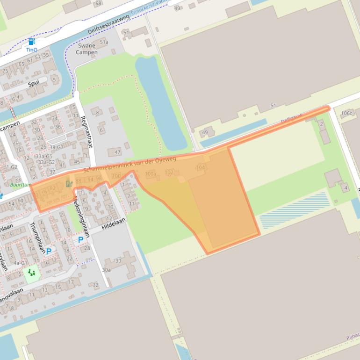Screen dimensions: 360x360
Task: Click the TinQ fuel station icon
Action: pyautogui.click(x=31, y=42)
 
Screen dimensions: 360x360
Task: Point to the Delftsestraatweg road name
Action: pyautogui.click(x=108, y=24)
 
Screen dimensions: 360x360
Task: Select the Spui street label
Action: pyautogui.click(x=33, y=84)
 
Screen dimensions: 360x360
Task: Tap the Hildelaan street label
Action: pyautogui.click(x=111, y=225)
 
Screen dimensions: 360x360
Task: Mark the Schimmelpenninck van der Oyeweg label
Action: pyautogui.click(x=130, y=166)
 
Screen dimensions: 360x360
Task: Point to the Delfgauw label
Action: pyautogui.click(x=292, y=118)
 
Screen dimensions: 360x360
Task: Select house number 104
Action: pyautogui.click(x=201, y=167)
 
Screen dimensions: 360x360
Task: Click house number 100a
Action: pyautogui.click(x=150, y=174)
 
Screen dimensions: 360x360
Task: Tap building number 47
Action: pyautogui.click(x=117, y=152)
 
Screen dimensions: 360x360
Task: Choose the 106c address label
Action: pyautogui.click(x=346, y=113)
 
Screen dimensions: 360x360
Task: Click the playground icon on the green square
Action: pyautogui.click(x=31, y=272)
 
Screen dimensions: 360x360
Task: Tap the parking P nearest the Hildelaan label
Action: pyautogui.click(x=80, y=240)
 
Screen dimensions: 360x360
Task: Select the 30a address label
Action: pyautogui.click(x=107, y=270)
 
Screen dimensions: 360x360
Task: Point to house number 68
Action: pyautogui.click(x=98, y=4)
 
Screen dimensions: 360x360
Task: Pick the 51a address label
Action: pyautogui.click(x=104, y=43)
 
